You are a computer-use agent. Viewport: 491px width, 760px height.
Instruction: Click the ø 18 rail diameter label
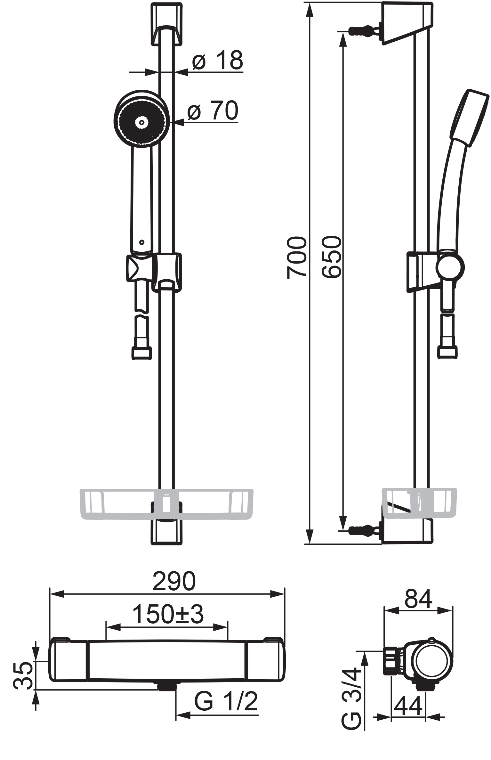point(218,60)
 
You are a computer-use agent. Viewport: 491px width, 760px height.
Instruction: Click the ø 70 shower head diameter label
point(213,110)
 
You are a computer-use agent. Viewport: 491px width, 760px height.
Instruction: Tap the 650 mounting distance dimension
point(331,257)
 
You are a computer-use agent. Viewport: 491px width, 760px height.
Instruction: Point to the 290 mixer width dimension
point(174,581)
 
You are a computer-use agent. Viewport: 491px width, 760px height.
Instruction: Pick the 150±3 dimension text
point(168,615)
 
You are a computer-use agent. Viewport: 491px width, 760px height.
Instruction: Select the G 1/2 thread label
point(226,701)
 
